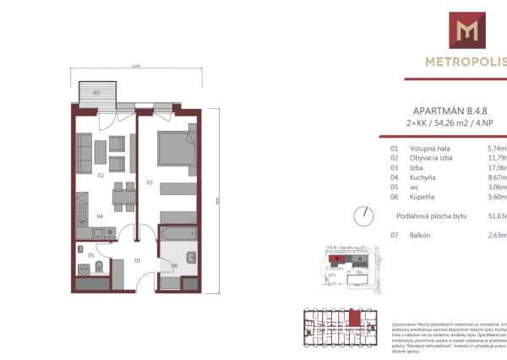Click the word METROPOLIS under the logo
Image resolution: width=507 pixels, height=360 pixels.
(466, 60)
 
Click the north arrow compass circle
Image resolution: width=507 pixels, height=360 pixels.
(363, 215)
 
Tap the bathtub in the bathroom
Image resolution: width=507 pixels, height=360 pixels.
(177, 232)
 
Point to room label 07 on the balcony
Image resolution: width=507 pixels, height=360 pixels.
(96, 92)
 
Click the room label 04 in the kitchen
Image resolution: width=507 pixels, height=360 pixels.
(99, 215)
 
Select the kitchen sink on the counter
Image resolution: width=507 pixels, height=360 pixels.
(83, 222)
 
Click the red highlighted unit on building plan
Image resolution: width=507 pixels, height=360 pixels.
(356, 319)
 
